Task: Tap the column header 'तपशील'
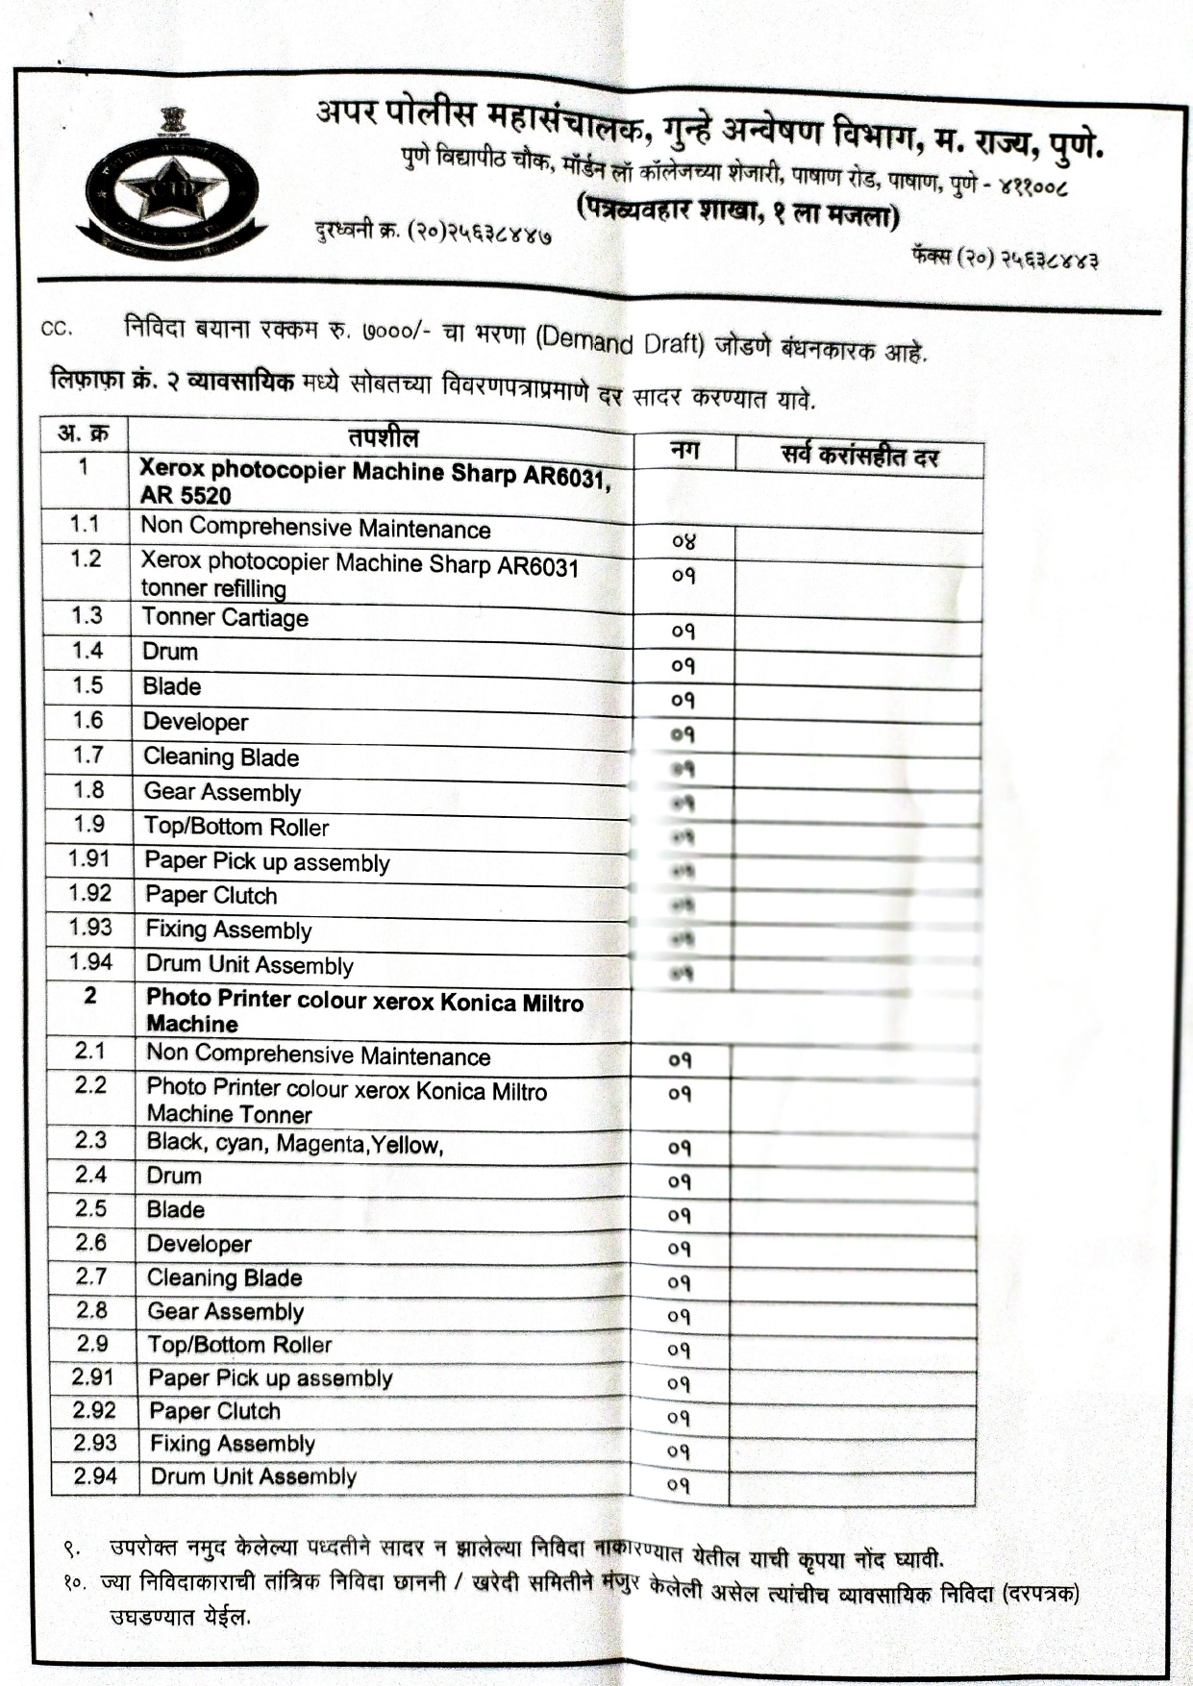pos(383,438)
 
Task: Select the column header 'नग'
pos(684,450)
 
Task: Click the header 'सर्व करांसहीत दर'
pos(858,456)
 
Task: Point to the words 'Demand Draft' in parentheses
pos(621,340)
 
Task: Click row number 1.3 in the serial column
pos(87,615)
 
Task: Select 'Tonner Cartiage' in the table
pos(225,618)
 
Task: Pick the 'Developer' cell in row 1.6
pos(195,722)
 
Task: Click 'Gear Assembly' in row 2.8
pos(225,1312)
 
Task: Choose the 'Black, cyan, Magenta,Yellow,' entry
pos(294,1144)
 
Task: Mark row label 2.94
pos(94,1475)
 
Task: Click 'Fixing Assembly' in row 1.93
pos(229,930)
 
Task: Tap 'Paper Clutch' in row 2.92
pos(214,1411)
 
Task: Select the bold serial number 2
pos(90,996)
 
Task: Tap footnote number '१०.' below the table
pos(75,1581)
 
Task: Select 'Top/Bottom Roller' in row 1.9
pos(236,827)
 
